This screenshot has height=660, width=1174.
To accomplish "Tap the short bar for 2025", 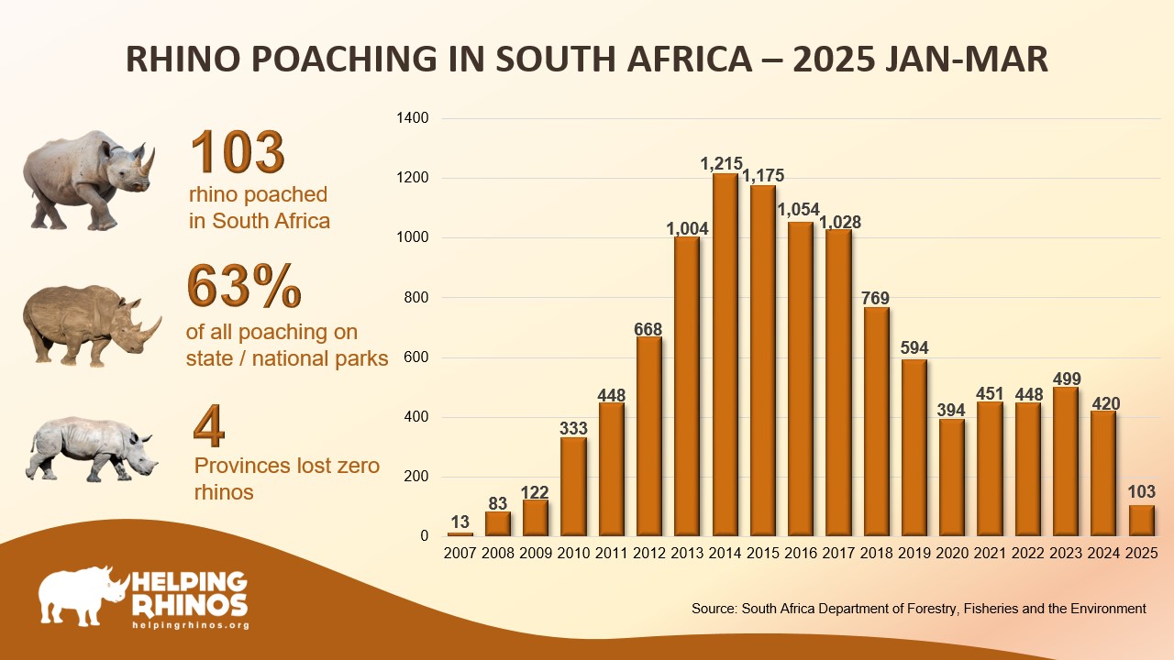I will click(x=1141, y=521).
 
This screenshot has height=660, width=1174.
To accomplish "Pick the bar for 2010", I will click(x=573, y=487).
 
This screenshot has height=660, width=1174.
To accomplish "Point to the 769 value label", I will click(x=876, y=298).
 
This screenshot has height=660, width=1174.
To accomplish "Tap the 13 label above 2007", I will click(x=460, y=523).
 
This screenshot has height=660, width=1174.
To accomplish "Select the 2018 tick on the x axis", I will click(x=876, y=553).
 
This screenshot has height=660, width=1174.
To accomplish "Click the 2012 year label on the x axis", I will click(x=648, y=553).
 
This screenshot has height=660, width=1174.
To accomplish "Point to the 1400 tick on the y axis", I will click(x=411, y=118).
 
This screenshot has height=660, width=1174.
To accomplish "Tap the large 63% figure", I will click(x=245, y=286).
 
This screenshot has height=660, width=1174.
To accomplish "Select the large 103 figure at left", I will click(x=238, y=152).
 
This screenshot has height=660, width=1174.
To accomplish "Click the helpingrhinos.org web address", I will click(x=191, y=624).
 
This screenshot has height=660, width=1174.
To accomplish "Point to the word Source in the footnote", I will click(x=714, y=608).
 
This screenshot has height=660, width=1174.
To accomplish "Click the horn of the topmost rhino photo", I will click(x=147, y=162).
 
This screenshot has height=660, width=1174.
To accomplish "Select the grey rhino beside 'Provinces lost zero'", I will click(x=90, y=449).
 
